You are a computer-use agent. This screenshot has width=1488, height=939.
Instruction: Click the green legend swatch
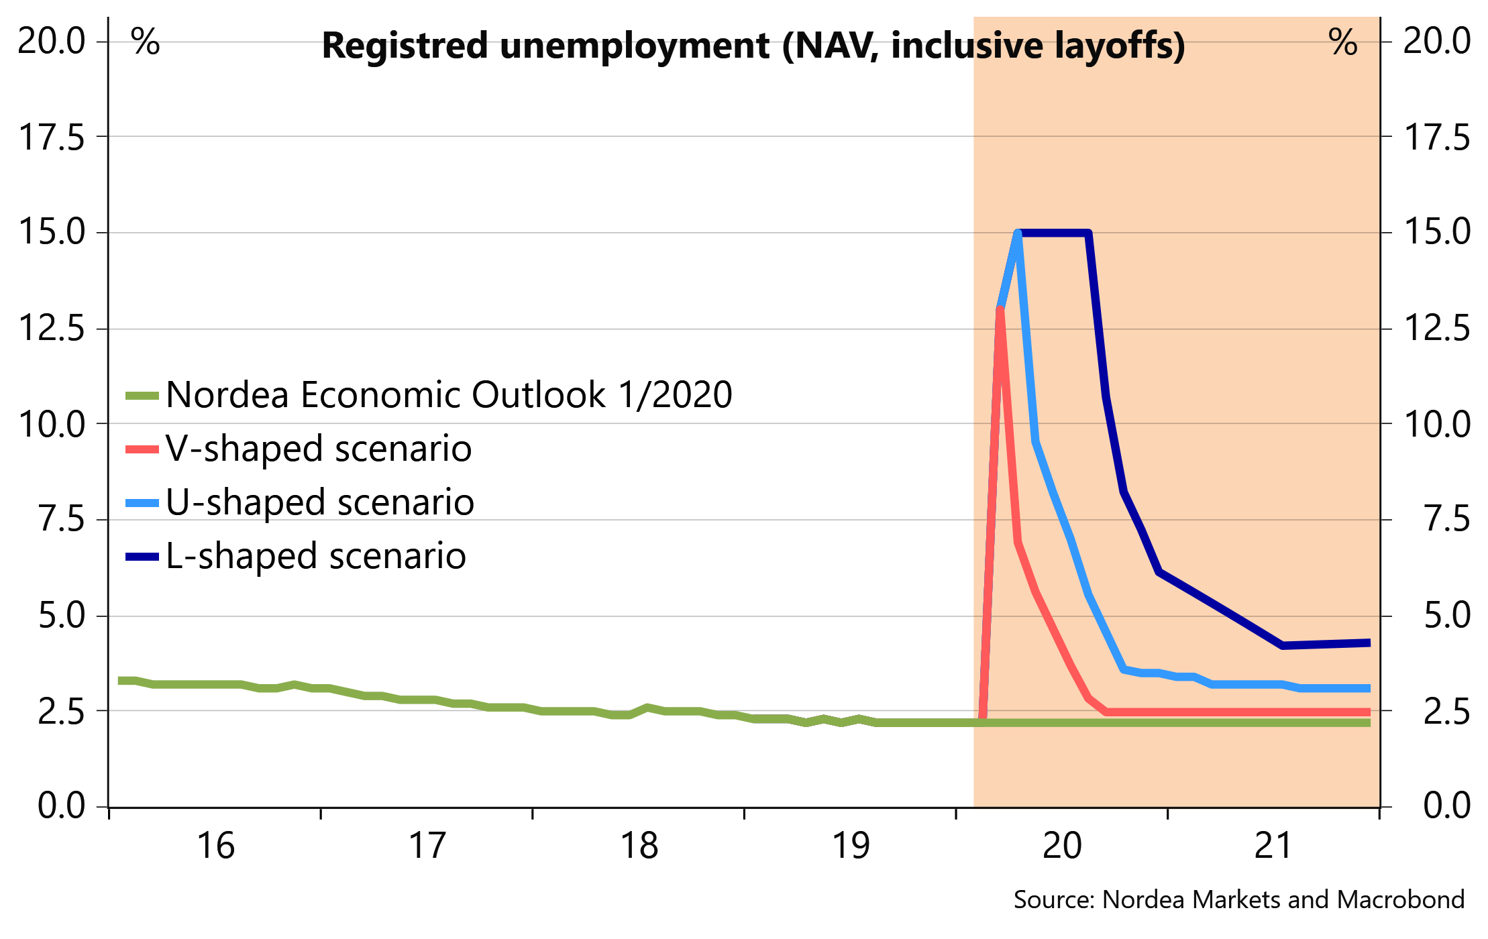142,396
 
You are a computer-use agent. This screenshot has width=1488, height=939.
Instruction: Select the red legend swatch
142,449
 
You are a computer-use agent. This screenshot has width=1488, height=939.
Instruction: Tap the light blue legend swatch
142,503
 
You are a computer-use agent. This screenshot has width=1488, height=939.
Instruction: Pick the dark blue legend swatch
142,556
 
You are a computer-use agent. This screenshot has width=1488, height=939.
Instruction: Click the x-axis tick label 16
216,845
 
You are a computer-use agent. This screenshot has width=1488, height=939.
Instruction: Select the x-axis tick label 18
639,845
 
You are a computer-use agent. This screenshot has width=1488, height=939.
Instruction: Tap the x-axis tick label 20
1062,845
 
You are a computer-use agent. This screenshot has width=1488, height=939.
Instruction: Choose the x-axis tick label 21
1273,845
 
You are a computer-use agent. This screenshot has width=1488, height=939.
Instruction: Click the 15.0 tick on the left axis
52,232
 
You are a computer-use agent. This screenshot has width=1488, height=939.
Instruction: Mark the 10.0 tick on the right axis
1436,425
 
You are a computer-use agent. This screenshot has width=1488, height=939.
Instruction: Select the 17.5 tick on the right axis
1436,137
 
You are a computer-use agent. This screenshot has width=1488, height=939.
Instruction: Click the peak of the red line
1000,309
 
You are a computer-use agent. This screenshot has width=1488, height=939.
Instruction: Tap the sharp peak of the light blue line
1018,233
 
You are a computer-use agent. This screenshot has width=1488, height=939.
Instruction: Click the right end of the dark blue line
1369,643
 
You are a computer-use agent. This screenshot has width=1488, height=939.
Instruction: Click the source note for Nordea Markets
1238,899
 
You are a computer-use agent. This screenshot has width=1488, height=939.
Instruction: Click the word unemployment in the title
634,46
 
